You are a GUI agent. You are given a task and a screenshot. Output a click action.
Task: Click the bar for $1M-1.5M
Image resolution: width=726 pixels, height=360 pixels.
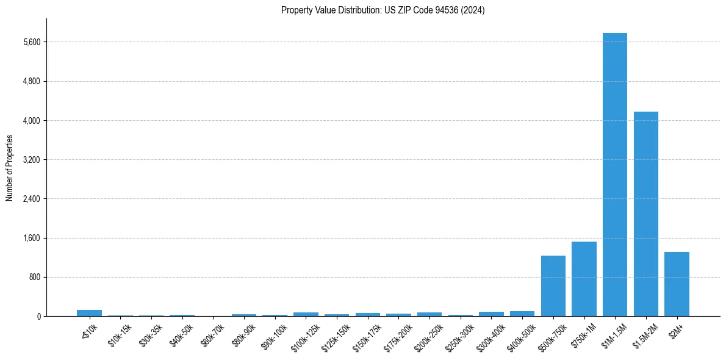point(614,175)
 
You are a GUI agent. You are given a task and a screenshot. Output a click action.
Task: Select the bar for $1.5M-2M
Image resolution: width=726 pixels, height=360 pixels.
point(645,214)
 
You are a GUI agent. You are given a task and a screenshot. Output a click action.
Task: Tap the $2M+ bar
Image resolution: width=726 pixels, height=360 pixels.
point(677,284)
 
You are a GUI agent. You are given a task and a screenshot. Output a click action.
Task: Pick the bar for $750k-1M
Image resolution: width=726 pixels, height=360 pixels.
point(584,279)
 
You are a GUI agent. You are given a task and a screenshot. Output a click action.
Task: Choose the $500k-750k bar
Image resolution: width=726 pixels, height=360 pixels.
point(553,286)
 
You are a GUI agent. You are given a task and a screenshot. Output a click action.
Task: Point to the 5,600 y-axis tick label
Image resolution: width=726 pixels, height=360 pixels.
point(31,42)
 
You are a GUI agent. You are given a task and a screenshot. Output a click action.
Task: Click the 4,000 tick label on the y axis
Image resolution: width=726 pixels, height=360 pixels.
point(31,121)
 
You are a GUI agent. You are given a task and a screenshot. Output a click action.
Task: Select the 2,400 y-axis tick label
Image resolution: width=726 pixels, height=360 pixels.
point(31,199)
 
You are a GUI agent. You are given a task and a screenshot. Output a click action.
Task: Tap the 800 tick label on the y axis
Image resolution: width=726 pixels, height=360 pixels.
point(34,277)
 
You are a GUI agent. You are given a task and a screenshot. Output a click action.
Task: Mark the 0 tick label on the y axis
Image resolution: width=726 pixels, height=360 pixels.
point(38,316)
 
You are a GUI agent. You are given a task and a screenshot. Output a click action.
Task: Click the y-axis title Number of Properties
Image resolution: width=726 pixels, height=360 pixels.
point(9,168)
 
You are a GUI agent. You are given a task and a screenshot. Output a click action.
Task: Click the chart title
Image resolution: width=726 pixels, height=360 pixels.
point(383,10)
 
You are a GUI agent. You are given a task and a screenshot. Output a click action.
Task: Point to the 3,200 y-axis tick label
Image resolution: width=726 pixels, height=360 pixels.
point(31,160)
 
